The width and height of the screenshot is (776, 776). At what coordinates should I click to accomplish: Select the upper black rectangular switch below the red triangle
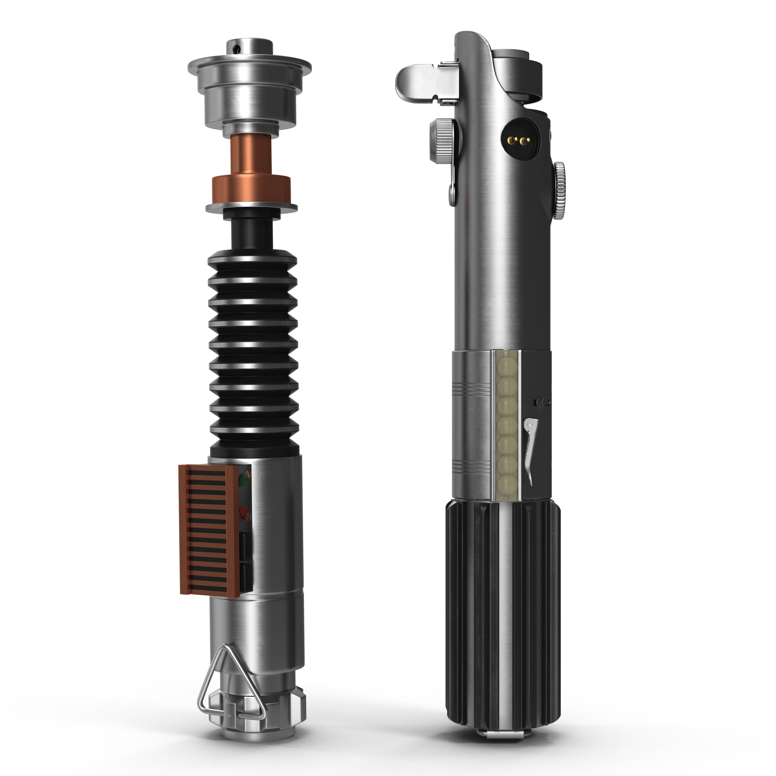[245, 544]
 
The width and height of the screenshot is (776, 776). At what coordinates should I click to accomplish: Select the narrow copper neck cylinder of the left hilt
[251, 155]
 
